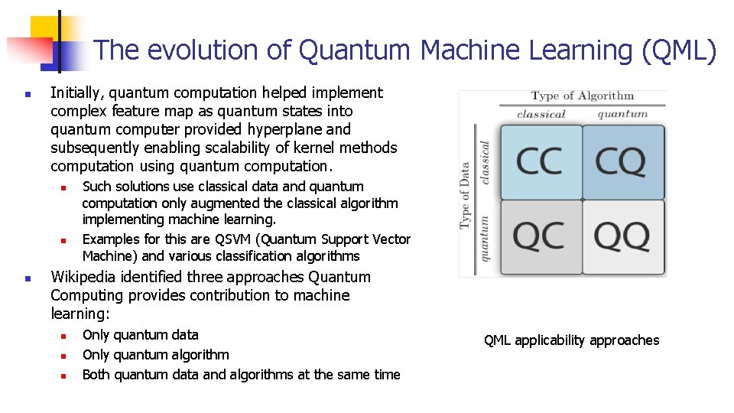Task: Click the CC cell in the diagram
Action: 541,161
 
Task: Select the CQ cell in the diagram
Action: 622,161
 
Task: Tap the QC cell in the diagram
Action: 541,238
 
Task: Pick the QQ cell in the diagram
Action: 622,238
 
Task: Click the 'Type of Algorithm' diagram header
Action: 582,96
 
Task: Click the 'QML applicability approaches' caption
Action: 571,340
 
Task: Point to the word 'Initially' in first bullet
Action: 76,93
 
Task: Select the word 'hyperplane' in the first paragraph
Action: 288,129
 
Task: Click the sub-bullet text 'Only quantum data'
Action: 140,335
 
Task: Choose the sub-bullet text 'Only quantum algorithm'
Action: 155,355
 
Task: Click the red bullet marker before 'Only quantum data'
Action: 64,336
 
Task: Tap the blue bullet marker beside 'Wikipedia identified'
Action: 27,278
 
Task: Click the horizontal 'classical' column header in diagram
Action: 541,115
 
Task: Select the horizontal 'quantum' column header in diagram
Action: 622,115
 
